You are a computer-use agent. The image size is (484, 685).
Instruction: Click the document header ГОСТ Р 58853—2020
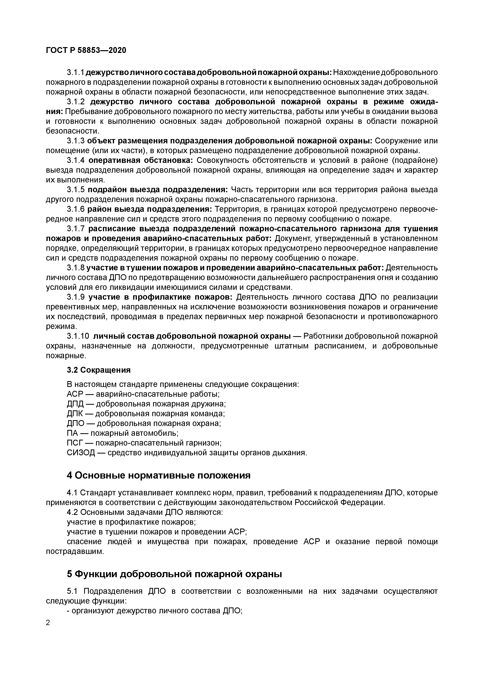(86, 50)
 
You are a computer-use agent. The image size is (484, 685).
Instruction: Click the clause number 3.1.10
(78, 336)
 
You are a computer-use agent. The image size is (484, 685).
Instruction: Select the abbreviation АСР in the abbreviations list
(75, 394)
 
